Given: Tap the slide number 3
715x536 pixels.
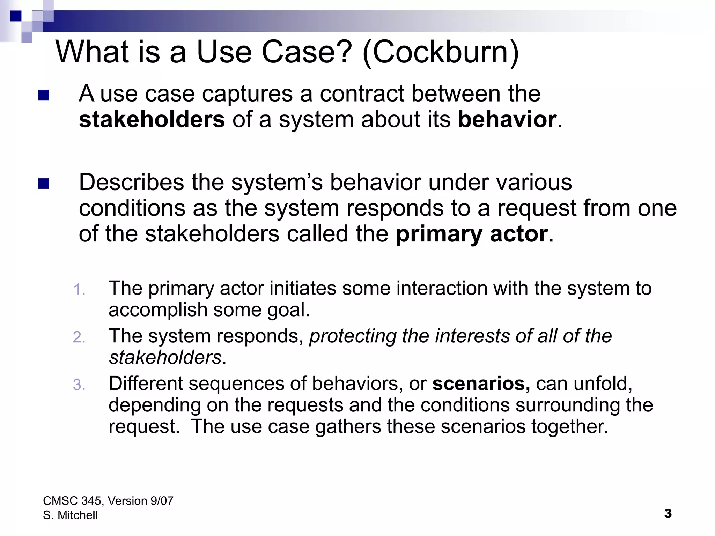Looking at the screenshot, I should coord(668,513).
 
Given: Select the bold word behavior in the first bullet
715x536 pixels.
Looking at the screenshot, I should coord(507,119).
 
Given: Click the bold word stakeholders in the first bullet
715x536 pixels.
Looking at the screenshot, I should coord(152,119).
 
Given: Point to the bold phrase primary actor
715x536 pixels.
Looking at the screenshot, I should coord(472,234).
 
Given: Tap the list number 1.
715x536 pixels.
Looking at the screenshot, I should coord(80,290).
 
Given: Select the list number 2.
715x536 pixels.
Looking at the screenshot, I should coord(79,337).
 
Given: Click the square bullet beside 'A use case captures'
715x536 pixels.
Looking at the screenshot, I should coord(44,95).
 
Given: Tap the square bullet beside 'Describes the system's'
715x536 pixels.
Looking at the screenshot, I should coord(44,184).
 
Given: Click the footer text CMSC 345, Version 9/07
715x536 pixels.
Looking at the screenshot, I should coord(108,501).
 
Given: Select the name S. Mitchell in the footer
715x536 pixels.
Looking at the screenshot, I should coord(71,515).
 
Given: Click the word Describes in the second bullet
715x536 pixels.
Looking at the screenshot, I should coord(131,182).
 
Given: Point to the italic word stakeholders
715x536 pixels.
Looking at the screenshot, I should coord(165,357).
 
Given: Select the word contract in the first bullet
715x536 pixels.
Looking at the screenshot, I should coord(362,94).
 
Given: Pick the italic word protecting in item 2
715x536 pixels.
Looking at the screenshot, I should coord(353,336).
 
